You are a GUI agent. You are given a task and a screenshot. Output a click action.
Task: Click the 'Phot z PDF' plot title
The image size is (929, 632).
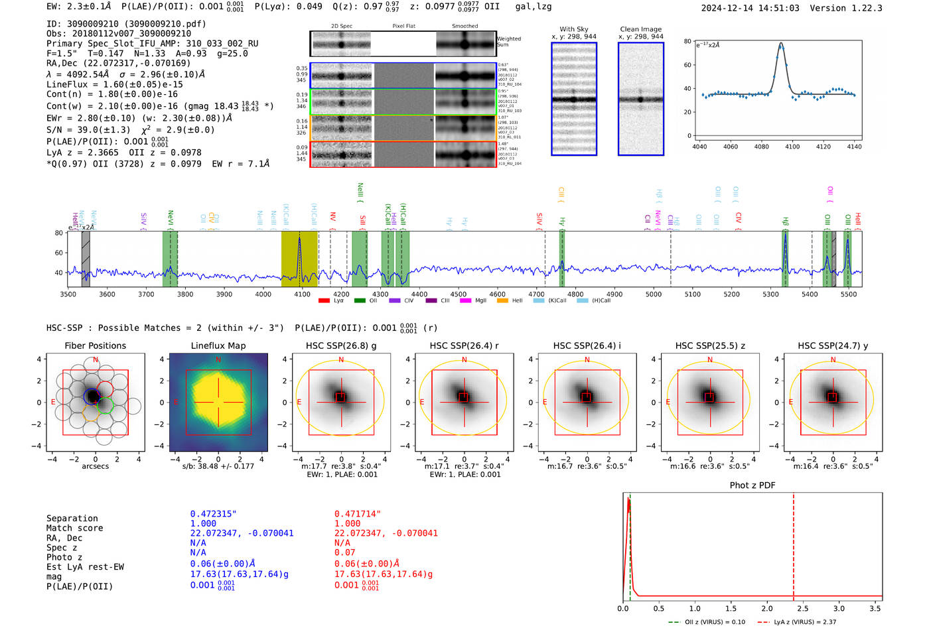tap(752, 485)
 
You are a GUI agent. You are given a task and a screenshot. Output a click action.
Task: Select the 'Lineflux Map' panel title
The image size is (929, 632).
tap(218, 346)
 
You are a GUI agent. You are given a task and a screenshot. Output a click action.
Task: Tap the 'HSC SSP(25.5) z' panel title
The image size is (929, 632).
tap(709, 346)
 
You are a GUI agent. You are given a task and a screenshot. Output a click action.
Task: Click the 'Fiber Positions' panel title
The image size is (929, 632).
tap(95, 346)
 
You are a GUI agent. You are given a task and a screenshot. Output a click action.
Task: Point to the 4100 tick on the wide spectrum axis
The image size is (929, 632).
tap(302, 294)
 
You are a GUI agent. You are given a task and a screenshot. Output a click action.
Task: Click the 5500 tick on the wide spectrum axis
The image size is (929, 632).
tap(849, 294)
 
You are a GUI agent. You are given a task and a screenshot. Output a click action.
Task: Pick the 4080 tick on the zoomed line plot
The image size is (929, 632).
tap(761, 147)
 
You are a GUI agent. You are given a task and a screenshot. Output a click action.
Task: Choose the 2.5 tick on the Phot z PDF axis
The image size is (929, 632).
tap(803, 608)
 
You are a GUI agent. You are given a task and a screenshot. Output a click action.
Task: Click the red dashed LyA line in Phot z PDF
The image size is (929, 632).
tap(794, 544)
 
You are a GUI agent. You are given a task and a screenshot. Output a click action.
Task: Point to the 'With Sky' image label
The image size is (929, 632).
tap(574, 29)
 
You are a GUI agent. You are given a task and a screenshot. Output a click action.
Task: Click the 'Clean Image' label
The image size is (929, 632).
tap(641, 29)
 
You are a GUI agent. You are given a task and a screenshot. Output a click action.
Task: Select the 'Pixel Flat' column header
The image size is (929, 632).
tap(403, 27)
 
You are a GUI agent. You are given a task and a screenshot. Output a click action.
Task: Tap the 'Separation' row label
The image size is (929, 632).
tap(72, 519)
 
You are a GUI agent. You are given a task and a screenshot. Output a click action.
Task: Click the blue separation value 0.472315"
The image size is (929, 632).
tap(214, 514)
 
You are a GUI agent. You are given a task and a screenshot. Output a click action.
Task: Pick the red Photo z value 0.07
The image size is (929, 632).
tap(345, 552)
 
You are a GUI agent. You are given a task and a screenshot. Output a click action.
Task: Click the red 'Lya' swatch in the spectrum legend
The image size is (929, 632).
tap(324, 300)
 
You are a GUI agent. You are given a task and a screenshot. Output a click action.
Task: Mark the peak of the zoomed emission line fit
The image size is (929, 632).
tap(781, 44)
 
